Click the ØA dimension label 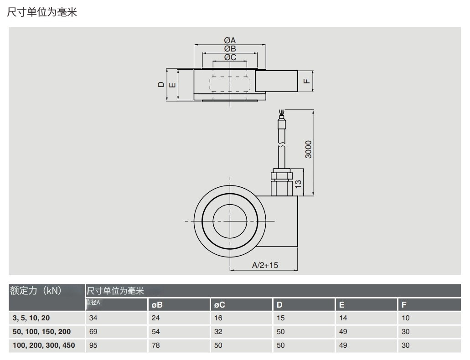pyautogui.click(x=230, y=40)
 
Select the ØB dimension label pyautogui.click(x=230, y=49)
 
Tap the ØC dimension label pyautogui.click(x=230, y=57)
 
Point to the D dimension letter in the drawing pyautogui.click(x=160, y=84)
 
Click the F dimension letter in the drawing pyautogui.click(x=307, y=82)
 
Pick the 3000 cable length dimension pyautogui.click(x=309, y=149)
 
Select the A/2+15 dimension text pyautogui.click(x=265, y=265)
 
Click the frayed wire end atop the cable pyautogui.click(x=282, y=111)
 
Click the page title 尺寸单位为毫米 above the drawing pyautogui.click(x=42, y=13)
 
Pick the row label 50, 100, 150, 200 pyautogui.click(x=42, y=332)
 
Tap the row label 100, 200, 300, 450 pyautogui.click(x=44, y=345)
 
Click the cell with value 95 pyautogui.click(x=93, y=345)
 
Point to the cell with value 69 pyautogui.click(x=93, y=332)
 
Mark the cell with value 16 pyautogui.click(x=218, y=319)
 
